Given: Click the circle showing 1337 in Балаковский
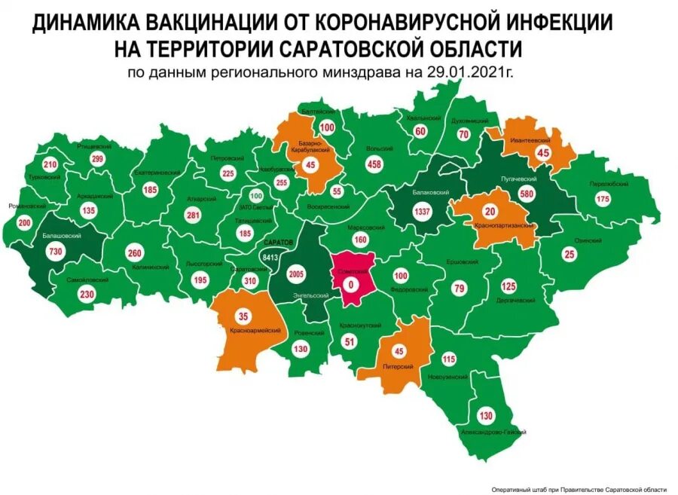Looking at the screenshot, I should coord(422,212).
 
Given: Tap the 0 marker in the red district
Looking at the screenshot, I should coord(349,285).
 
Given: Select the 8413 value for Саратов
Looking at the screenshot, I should coord(270,257).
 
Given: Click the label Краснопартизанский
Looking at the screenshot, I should coord(505,225).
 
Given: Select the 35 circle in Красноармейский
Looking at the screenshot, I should coord(243,315).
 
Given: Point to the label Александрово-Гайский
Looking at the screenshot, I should coord(493,432).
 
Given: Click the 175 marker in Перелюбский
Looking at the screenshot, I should coord(603,200).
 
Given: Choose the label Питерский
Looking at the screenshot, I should coord(398,366).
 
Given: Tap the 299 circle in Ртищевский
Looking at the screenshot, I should coord(97,159).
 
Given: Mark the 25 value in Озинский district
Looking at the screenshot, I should coord(569,255).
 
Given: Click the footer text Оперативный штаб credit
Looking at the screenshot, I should coord(579,488).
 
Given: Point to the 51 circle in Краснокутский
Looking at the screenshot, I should coord(349,341).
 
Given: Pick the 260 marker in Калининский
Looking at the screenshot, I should coord(136,252).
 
